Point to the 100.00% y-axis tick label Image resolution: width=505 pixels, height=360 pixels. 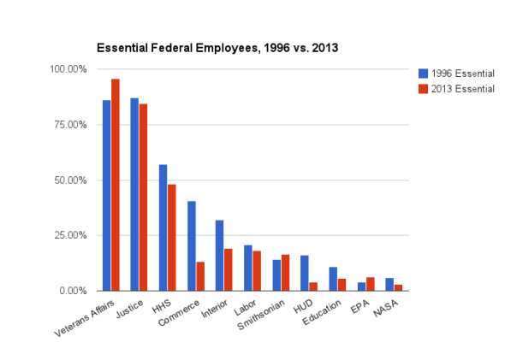coord(69,69)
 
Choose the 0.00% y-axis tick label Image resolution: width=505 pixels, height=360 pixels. coord(74,291)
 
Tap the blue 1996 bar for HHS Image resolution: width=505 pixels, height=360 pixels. coord(163,227)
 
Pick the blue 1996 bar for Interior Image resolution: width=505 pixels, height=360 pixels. coord(219,256)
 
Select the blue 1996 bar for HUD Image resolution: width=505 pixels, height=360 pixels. coord(304,273)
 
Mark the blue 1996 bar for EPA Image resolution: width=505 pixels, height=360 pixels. coord(360,286)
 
